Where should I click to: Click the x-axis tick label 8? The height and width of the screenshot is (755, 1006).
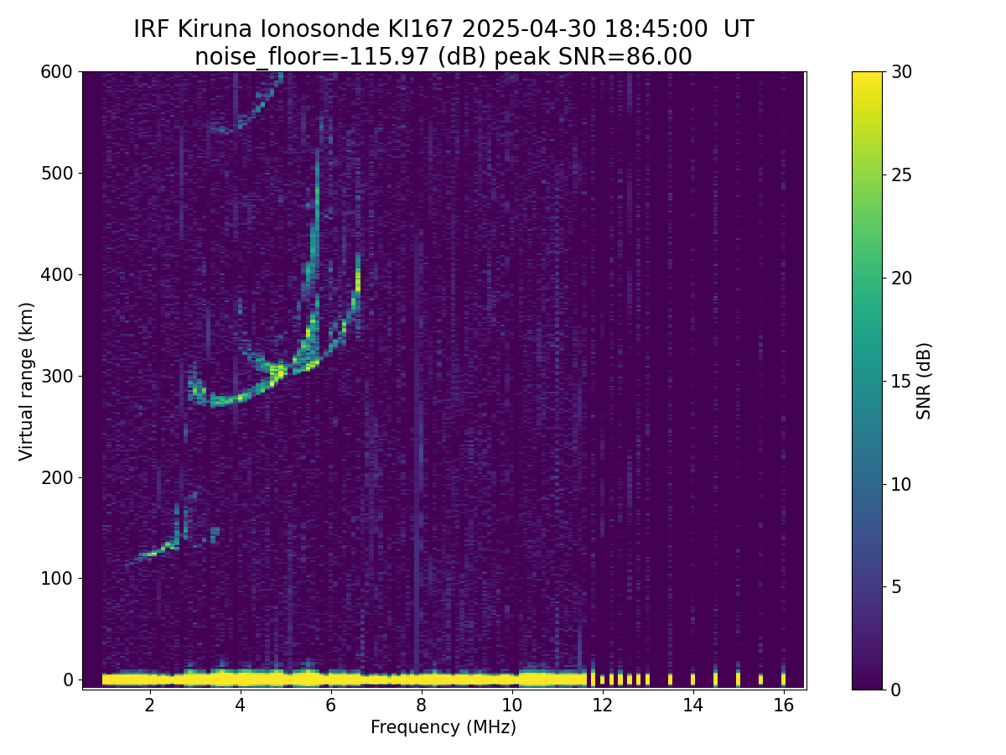tap(421, 706)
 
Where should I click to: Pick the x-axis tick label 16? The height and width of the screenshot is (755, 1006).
tap(783, 706)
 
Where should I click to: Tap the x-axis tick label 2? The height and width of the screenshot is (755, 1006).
tap(149, 706)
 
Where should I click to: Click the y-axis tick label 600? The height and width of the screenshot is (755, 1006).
tap(56, 72)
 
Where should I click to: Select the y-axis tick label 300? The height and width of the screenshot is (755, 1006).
tap(56, 376)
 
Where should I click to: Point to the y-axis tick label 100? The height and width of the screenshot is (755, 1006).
tap(56, 578)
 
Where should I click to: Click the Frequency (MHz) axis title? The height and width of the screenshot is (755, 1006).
tap(443, 727)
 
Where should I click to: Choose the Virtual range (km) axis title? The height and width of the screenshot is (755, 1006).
tap(27, 381)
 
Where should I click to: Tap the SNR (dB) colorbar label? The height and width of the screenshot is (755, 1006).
tap(924, 381)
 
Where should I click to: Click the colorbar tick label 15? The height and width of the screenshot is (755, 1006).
tap(900, 381)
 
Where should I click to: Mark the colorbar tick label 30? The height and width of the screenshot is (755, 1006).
tap(900, 72)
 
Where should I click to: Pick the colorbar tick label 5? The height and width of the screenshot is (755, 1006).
tap(895, 586)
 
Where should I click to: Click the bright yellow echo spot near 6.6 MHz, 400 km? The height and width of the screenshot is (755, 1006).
tap(358, 279)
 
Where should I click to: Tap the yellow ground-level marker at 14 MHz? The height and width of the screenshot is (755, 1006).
tap(692, 679)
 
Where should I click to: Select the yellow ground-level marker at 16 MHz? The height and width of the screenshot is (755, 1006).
tap(783, 679)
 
